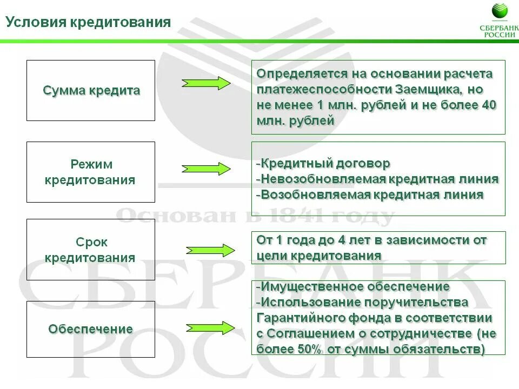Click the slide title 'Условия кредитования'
click(x=88, y=22)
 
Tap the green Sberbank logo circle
click(x=500, y=11)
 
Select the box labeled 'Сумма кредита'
click(x=91, y=90)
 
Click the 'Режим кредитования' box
click(x=91, y=172)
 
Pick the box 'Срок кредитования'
click(x=91, y=250)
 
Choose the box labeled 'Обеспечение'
click(x=91, y=329)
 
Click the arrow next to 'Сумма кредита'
click(x=206, y=83)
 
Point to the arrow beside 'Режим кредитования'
click(x=206, y=169)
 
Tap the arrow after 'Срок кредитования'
click(x=210, y=250)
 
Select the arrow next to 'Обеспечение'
click(x=210, y=327)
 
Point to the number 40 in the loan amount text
click(x=489, y=105)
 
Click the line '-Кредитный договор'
click(x=323, y=163)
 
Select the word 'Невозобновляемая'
click(x=323, y=179)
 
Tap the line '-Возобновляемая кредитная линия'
click(x=370, y=194)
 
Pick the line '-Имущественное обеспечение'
click(x=352, y=286)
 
